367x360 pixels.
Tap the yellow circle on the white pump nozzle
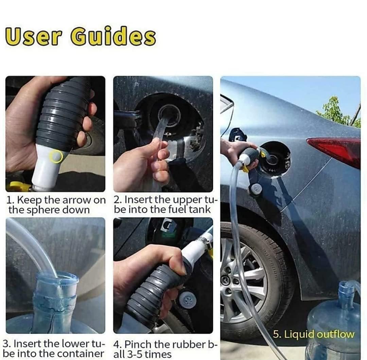pos(56,156)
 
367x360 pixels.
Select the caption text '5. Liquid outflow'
pos(313,334)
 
